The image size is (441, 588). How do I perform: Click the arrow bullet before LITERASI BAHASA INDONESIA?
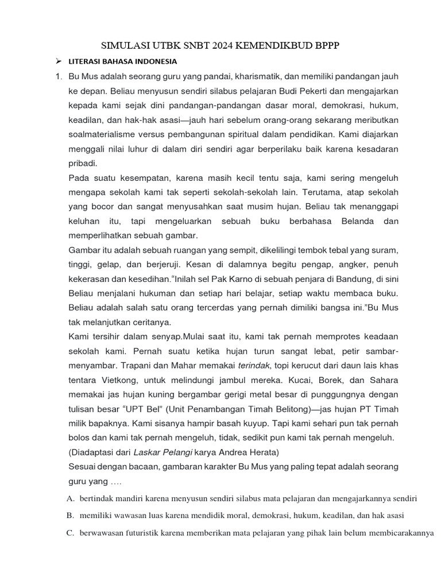(57, 61)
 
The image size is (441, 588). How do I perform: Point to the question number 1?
(58, 76)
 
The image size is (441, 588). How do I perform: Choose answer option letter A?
(70, 498)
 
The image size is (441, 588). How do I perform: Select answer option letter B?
(70, 515)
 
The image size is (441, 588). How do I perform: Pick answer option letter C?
(70, 533)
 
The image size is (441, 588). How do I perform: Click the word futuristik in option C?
(148, 533)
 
